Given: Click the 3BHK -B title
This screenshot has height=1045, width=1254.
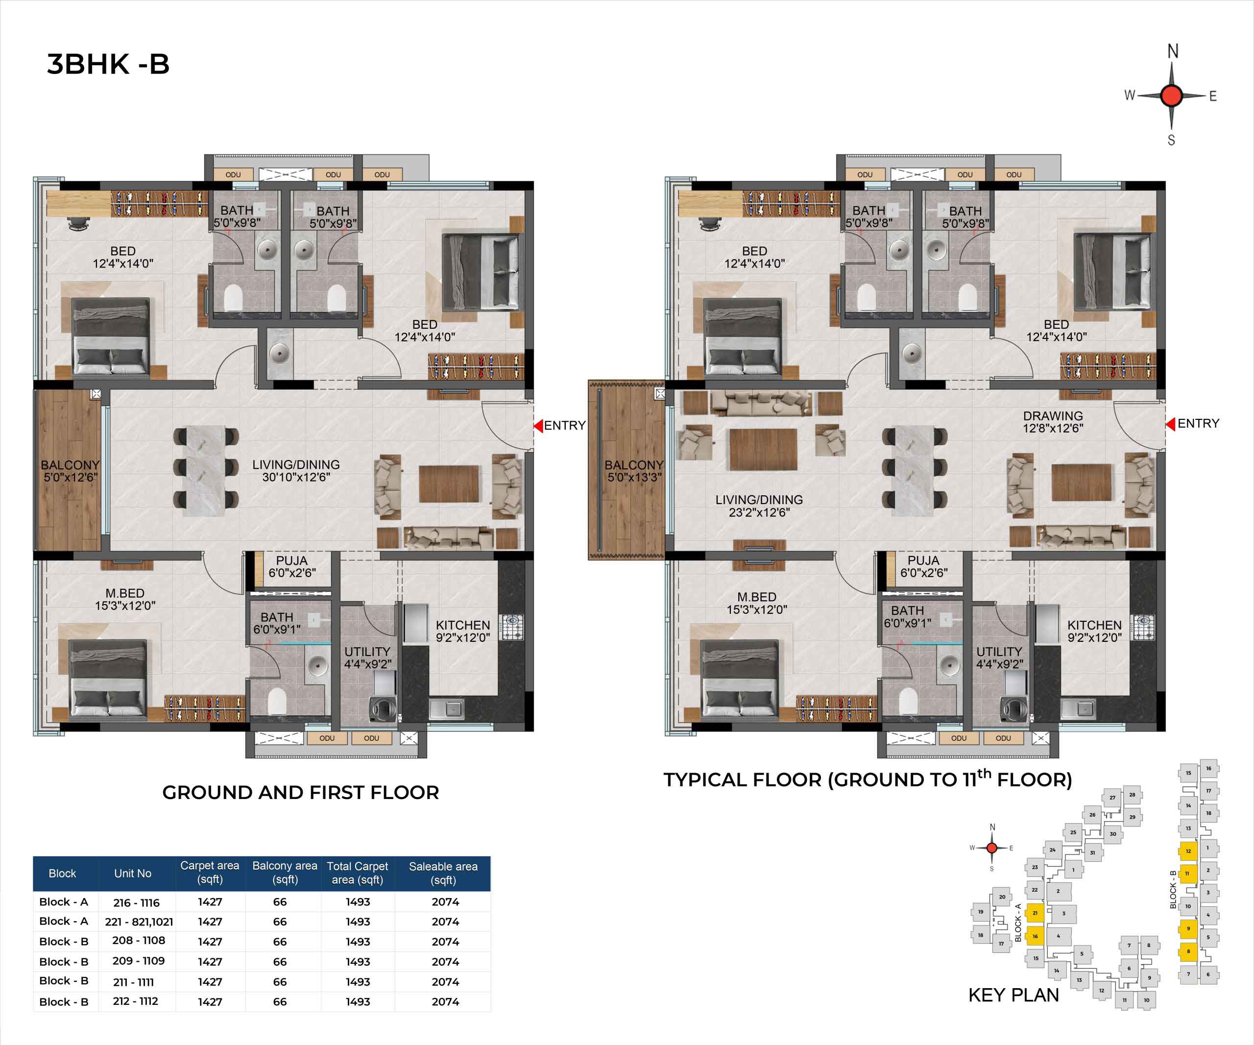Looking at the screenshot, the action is tap(108, 64).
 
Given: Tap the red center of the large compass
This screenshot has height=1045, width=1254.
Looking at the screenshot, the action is tap(1171, 96).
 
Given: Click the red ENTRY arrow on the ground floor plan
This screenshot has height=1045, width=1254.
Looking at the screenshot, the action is tap(538, 426).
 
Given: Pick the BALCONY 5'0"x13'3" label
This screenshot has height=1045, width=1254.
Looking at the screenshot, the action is tap(634, 470).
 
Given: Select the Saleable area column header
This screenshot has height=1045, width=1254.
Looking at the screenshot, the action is tap(443, 873).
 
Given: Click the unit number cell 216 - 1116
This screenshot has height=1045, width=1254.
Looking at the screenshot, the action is tap(137, 902).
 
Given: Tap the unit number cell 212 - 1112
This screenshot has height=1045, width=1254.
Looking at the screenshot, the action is tap(136, 1001).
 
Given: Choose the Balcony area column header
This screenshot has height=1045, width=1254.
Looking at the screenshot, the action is tap(285, 873).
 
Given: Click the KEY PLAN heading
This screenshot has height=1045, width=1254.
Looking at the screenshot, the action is tap(1013, 995).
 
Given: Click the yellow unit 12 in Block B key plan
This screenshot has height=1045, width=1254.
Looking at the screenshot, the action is tap(1188, 851).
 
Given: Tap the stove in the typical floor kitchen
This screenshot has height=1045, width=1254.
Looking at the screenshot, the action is tap(1143, 628).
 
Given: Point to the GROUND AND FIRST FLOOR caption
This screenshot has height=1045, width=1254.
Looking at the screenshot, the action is tap(300, 792).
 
